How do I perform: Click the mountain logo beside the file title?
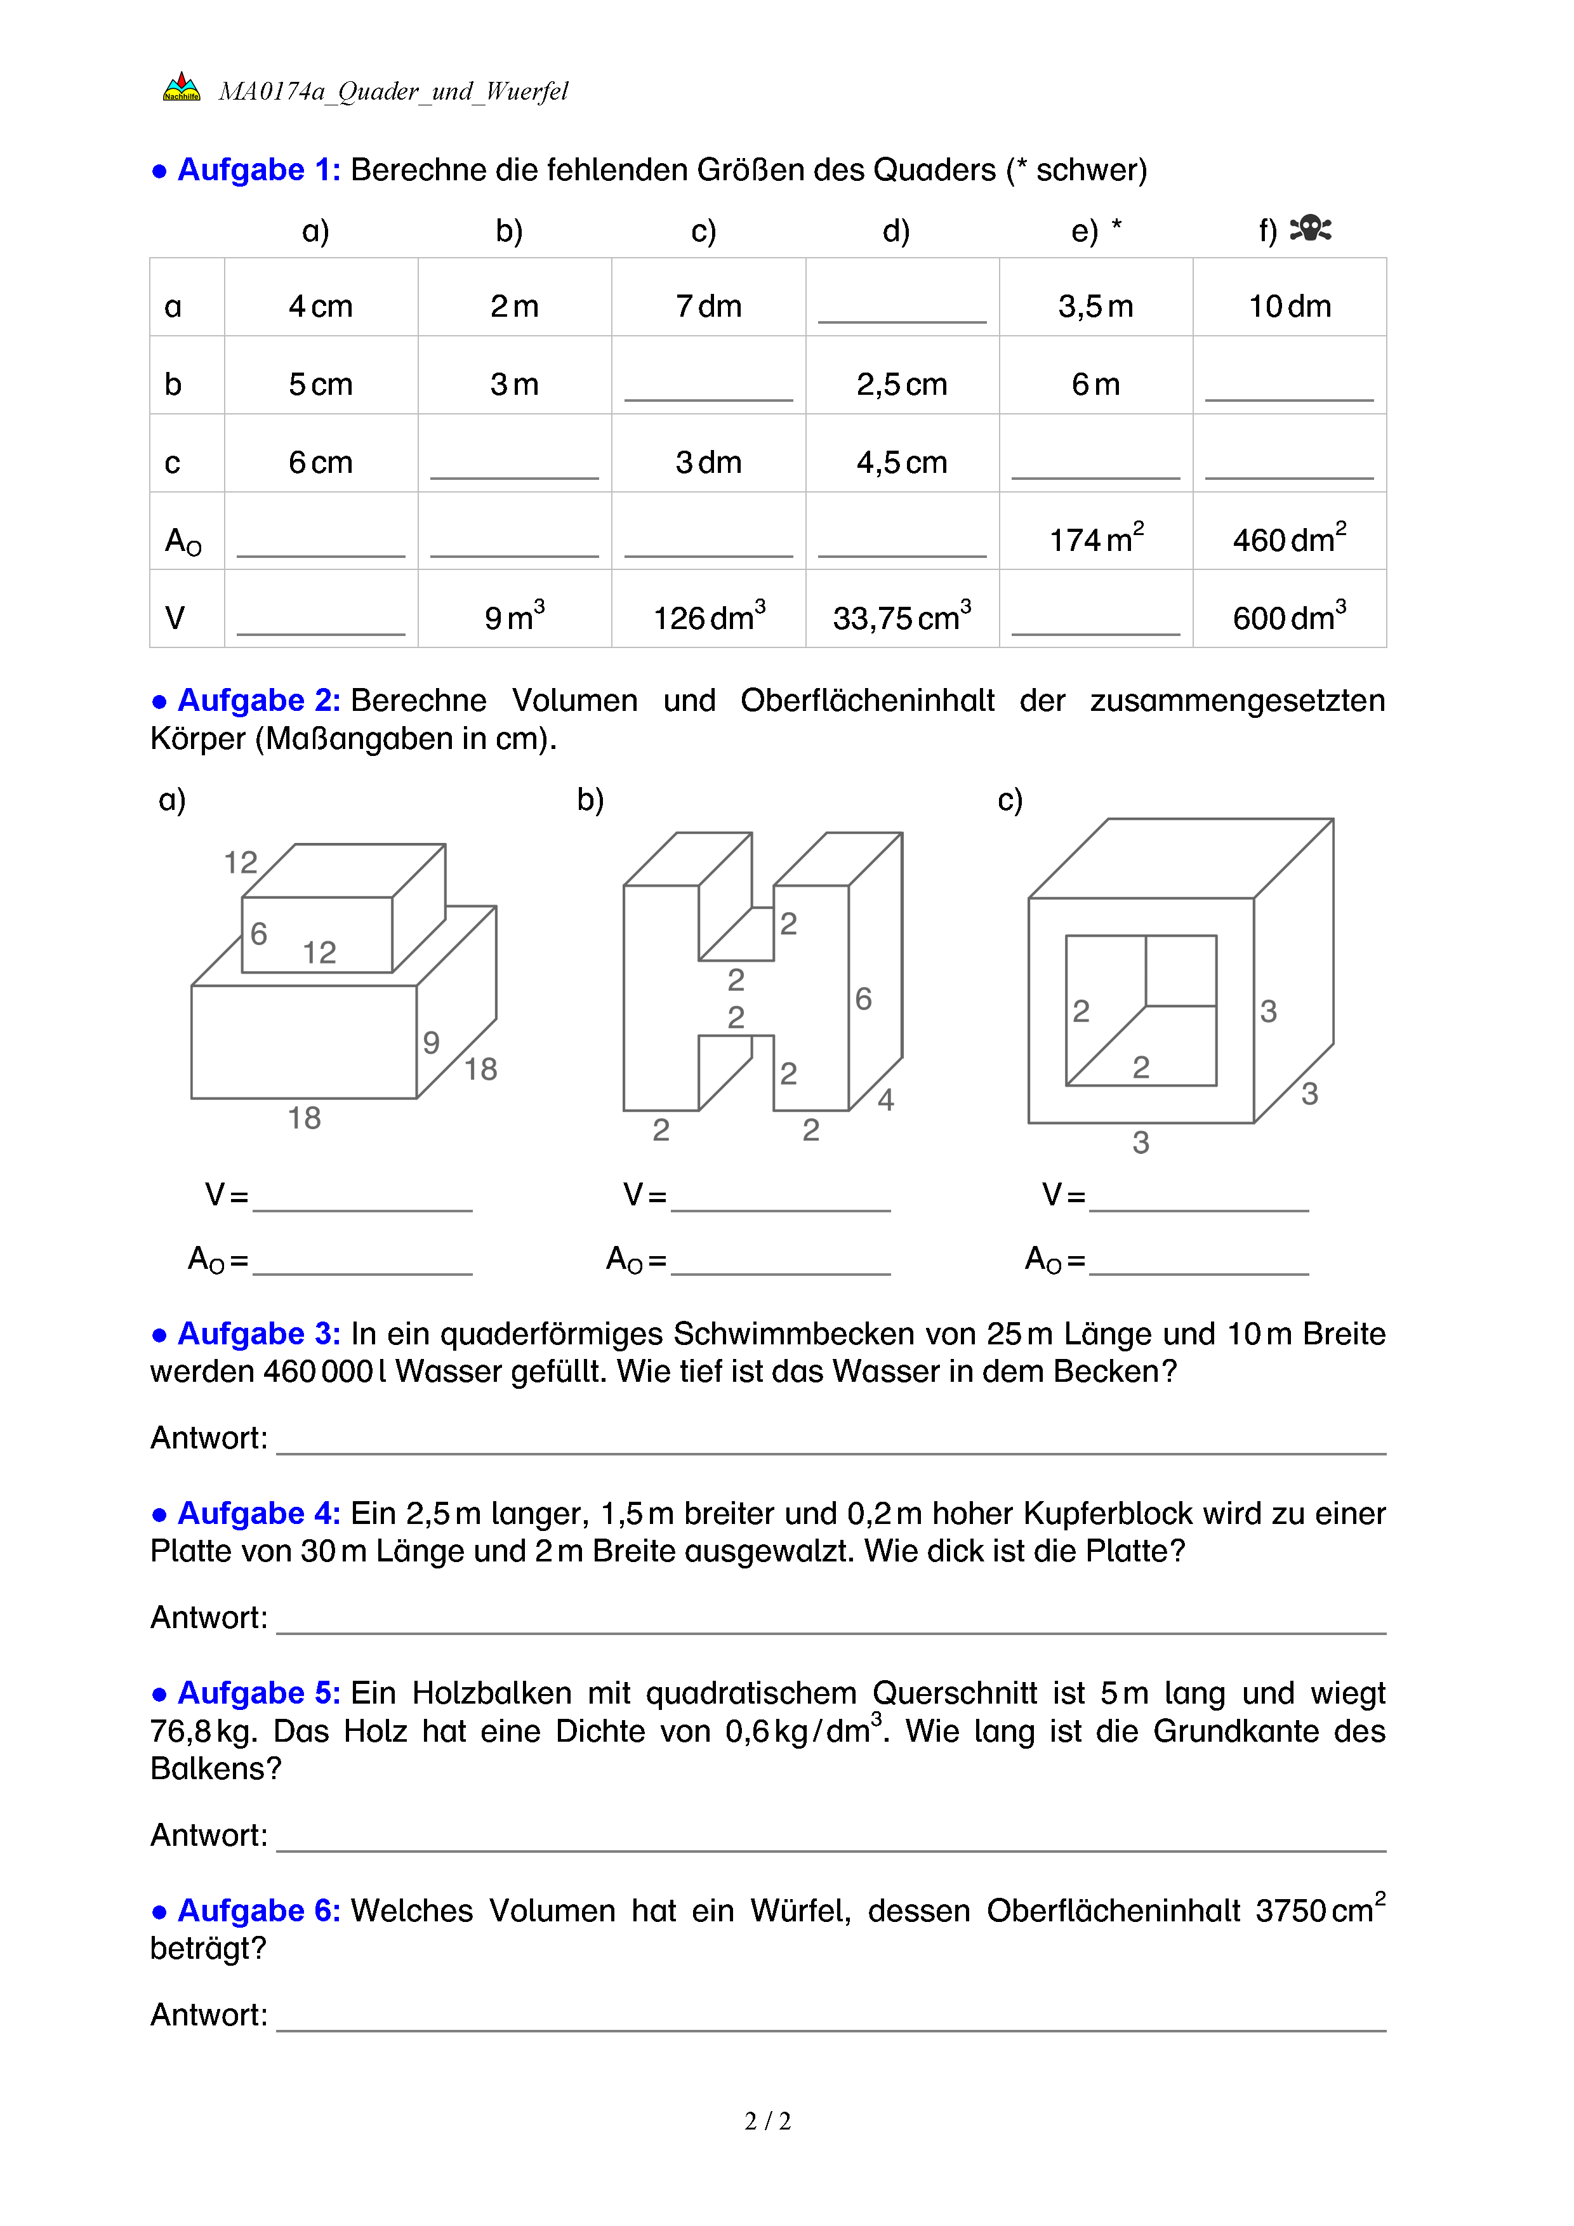tap(182, 87)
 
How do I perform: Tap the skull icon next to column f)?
tap(1311, 229)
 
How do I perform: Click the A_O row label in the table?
tap(183, 541)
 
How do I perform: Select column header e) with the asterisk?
tap(1095, 231)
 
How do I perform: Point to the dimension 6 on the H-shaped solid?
tap(863, 998)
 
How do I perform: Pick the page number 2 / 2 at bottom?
tap(767, 2121)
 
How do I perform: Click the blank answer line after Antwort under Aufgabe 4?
tap(831, 1634)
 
